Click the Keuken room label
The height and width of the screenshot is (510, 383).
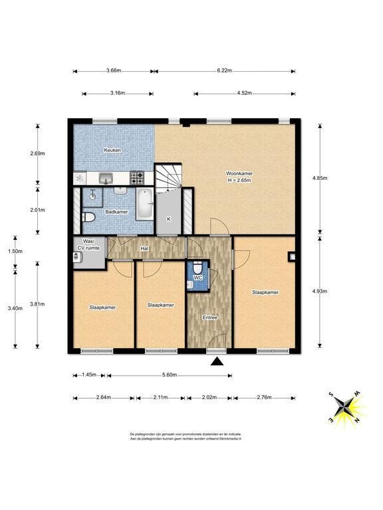(x=112, y=150)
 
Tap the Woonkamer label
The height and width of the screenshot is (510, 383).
(x=239, y=173)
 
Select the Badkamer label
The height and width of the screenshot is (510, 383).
(x=116, y=212)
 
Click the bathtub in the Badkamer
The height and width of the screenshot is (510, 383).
(x=144, y=204)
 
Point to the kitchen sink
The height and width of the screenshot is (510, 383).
(x=106, y=178)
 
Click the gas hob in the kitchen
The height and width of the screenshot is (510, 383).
(x=137, y=178)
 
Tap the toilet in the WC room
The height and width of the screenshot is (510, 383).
(x=197, y=268)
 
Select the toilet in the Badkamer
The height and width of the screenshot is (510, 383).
(x=88, y=216)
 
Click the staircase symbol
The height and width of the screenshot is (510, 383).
(x=168, y=178)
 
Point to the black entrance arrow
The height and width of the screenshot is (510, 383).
(x=217, y=361)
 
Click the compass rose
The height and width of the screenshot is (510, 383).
(x=345, y=407)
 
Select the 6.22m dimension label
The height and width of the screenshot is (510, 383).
(x=224, y=70)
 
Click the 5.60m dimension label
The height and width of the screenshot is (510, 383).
(x=170, y=375)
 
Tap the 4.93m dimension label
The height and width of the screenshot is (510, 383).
(x=319, y=291)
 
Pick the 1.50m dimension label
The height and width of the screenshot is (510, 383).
(x=15, y=251)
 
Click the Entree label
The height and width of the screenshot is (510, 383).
(x=209, y=317)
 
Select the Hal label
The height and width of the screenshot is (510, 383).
(x=144, y=248)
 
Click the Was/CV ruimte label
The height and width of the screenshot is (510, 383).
(x=88, y=244)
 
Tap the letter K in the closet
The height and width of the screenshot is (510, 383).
(x=169, y=219)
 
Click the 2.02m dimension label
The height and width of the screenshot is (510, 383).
(x=209, y=397)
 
